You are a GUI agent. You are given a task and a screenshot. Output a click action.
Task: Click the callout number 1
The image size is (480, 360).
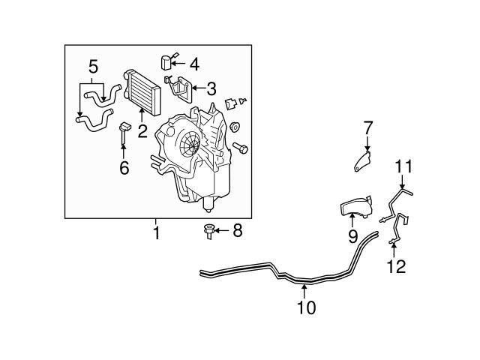pyautogui.click(x=156, y=233)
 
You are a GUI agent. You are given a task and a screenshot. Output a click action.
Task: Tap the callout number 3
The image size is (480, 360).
pyautogui.click(x=211, y=89)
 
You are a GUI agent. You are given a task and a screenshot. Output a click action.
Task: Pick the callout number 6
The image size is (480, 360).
pyautogui.click(x=124, y=167)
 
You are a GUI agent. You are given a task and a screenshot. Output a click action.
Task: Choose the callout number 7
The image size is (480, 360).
pyautogui.click(x=367, y=128)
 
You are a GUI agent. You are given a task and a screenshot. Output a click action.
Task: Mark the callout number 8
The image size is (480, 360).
pyautogui.click(x=237, y=231)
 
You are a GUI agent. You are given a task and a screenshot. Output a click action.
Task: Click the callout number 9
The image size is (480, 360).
pyautogui.click(x=352, y=238)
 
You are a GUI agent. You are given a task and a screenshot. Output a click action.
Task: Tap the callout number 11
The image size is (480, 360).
pyautogui.click(x=403, y=166)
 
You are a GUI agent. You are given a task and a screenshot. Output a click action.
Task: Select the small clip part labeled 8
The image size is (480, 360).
pyautogui.click(x=209, y=232)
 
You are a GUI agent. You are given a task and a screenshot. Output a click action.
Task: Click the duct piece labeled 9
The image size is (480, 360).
pyautogui.click(x=354, y=206)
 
